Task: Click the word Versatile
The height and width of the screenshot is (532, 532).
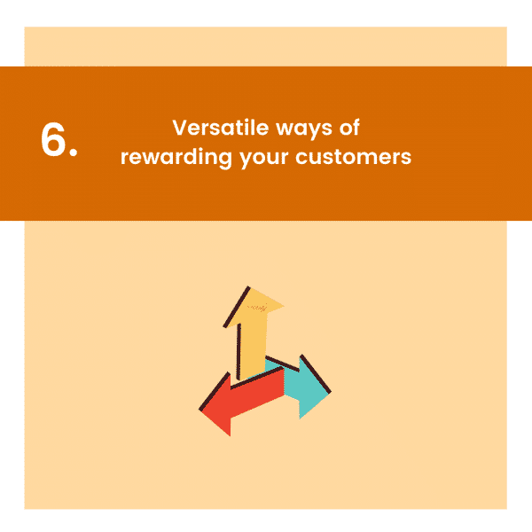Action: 212,128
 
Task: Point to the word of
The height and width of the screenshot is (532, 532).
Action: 348,128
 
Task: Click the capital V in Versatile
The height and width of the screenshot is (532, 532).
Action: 179,128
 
